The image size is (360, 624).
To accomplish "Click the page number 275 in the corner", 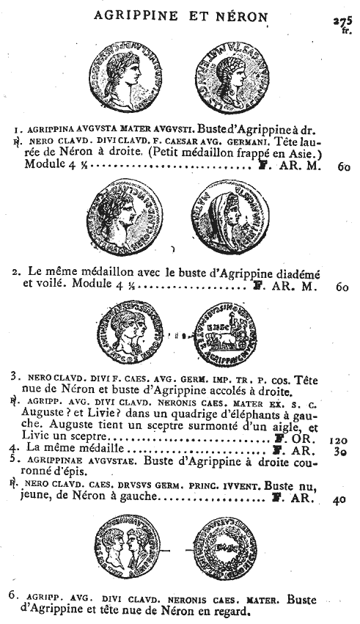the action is pos(342,22).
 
